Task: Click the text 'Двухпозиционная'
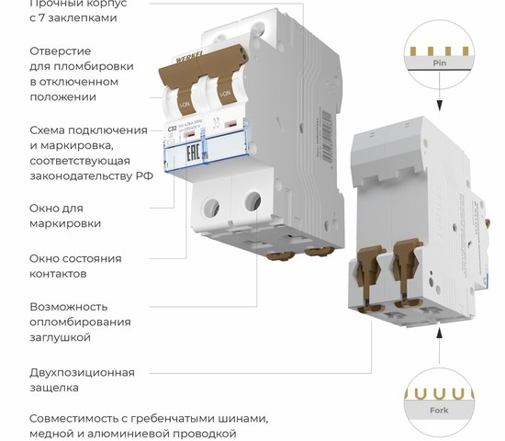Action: tap(82, 372)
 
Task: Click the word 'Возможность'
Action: tap(69, 306)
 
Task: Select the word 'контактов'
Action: tap(58, 274)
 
